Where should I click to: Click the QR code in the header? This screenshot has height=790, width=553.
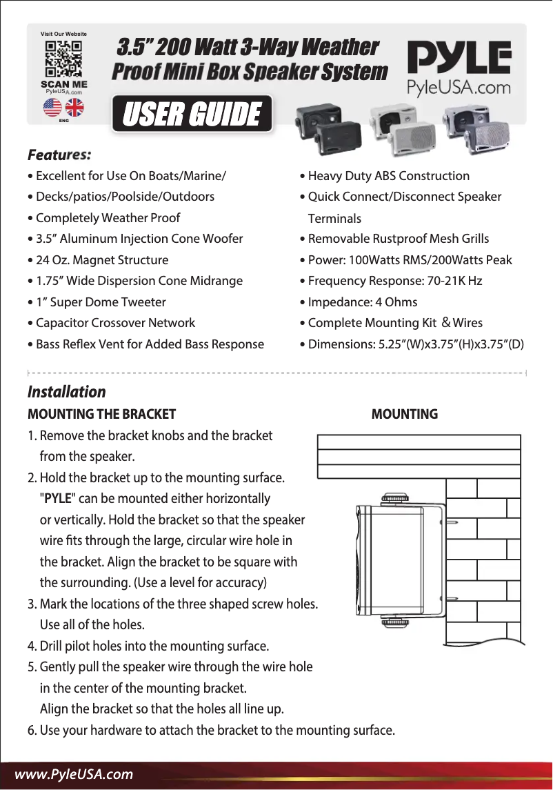pos(63,59)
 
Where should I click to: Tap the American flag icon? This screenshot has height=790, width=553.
pos(52,108)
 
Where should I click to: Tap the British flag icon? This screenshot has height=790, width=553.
pos(74,108)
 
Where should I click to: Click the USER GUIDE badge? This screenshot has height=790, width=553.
pos(192,115)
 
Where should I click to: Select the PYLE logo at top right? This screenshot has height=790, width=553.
pos(459,58)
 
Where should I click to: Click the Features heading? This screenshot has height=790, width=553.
pos(59,153)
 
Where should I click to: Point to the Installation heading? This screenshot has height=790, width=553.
pos(67,392)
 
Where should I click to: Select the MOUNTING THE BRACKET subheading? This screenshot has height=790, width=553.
pos(101,415)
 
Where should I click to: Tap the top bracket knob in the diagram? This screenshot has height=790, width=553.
pos(395,497)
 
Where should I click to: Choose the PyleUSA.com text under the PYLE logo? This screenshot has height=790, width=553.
pos(459,88)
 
